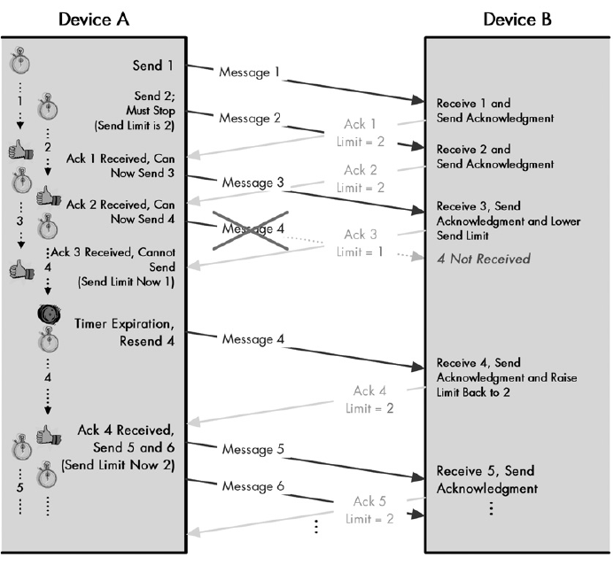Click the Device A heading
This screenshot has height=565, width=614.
(94, 18)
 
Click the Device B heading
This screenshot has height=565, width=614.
(517, 18)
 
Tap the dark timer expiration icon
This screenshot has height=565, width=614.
(49, 316)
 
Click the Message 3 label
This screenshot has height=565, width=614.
(254, 183)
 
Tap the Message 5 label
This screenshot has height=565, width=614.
(254, 449)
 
